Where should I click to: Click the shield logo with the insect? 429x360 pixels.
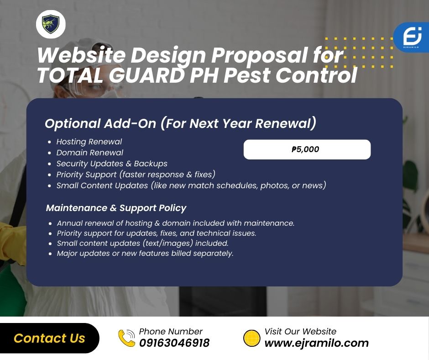[x=51, y=24]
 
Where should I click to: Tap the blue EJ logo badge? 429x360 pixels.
[x=412, y=37]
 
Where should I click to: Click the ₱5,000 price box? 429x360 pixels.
[x=307, y=149]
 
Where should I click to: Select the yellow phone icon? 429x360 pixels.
[x=127, y=338]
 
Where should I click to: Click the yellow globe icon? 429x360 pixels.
[x=251, y=338]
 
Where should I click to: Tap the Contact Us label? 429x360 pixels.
[x=49, y=338]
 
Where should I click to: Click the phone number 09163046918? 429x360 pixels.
[x=174, y=343]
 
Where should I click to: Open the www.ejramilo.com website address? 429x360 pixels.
[x=317, y=343]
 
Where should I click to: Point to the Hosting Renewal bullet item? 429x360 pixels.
[x=89, y=142]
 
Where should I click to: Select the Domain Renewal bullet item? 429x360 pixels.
[x=90, y=153]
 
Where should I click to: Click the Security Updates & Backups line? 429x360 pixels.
[x=112, y=164]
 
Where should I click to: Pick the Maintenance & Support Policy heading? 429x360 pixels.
[x=116, y=208]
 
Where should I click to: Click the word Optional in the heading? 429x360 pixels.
[x=73, y=123]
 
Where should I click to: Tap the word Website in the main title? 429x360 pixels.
[x=81, y=55]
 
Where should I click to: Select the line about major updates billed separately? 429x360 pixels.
[x=145, y=254]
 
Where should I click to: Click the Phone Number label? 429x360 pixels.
[x=171, y=332]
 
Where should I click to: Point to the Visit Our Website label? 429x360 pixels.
[x=300, y=332]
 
